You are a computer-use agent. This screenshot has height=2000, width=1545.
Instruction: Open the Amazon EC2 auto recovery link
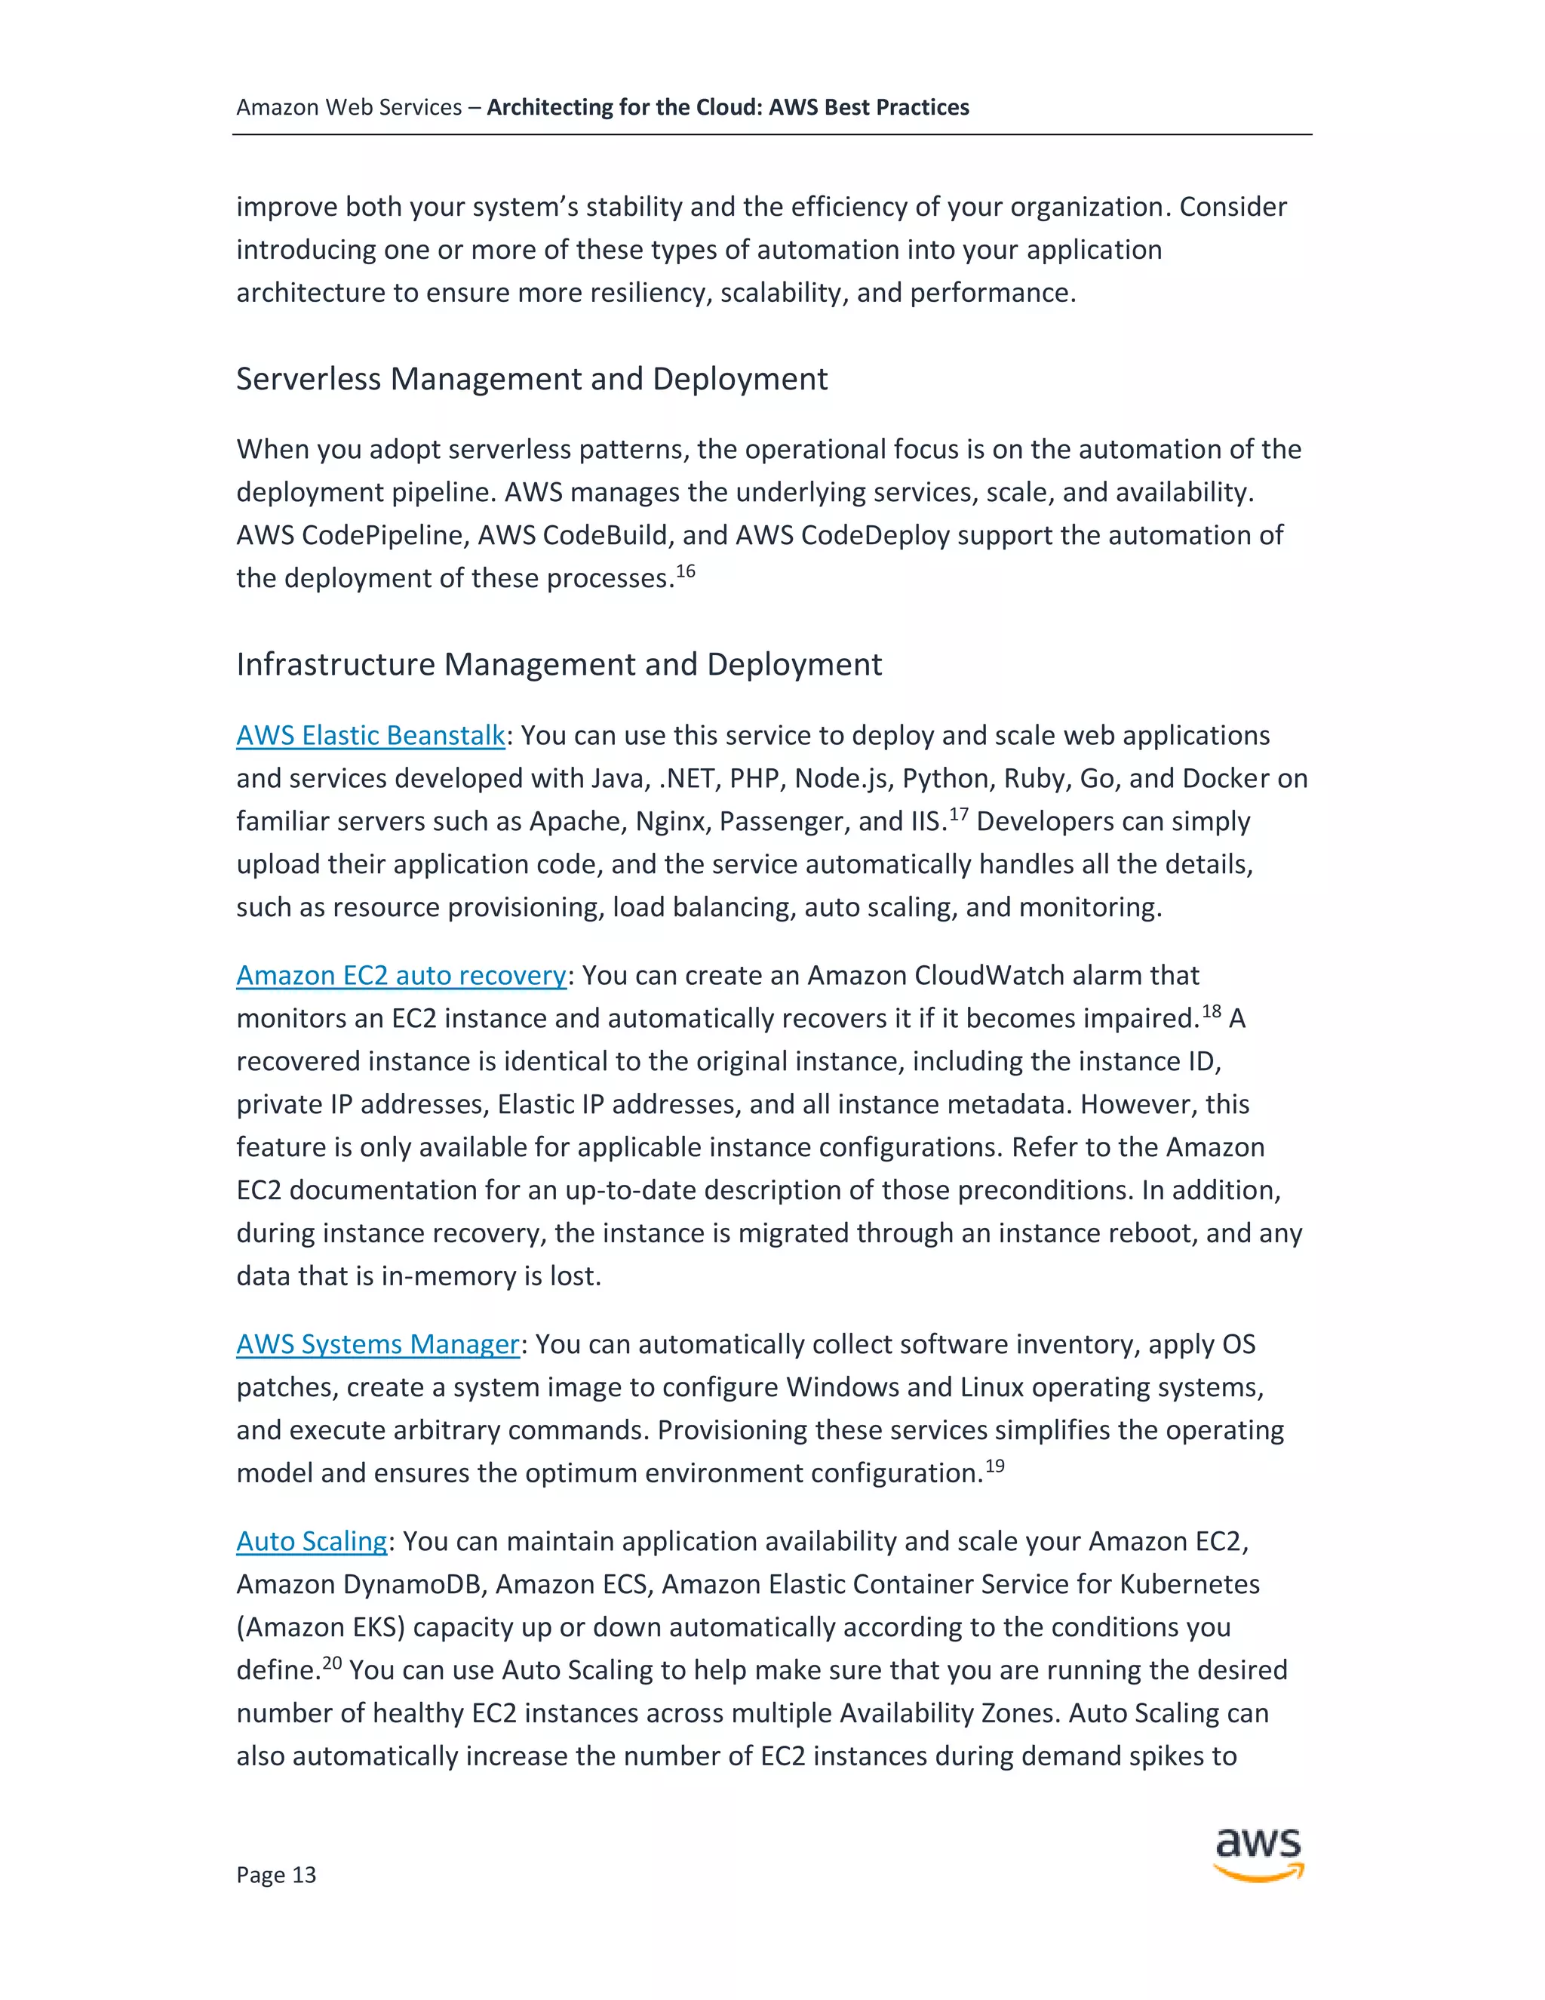401,976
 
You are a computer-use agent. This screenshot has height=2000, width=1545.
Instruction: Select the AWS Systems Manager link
377,1345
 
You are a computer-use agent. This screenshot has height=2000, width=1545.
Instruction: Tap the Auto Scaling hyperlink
312,1542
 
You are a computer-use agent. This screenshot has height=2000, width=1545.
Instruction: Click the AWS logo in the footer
1258,1854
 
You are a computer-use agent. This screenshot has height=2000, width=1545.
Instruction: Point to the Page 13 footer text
275,1875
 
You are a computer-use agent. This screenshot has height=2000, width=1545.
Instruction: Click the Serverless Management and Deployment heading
532,379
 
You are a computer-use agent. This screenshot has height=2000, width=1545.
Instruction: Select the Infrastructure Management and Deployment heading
558,665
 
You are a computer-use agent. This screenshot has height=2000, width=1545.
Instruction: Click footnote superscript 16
686,572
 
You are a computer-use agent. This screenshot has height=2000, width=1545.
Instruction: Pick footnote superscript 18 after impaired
1211,1012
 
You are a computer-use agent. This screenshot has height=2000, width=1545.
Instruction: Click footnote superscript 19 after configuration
995,1466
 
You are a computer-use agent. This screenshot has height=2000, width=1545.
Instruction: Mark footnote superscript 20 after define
332,1663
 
